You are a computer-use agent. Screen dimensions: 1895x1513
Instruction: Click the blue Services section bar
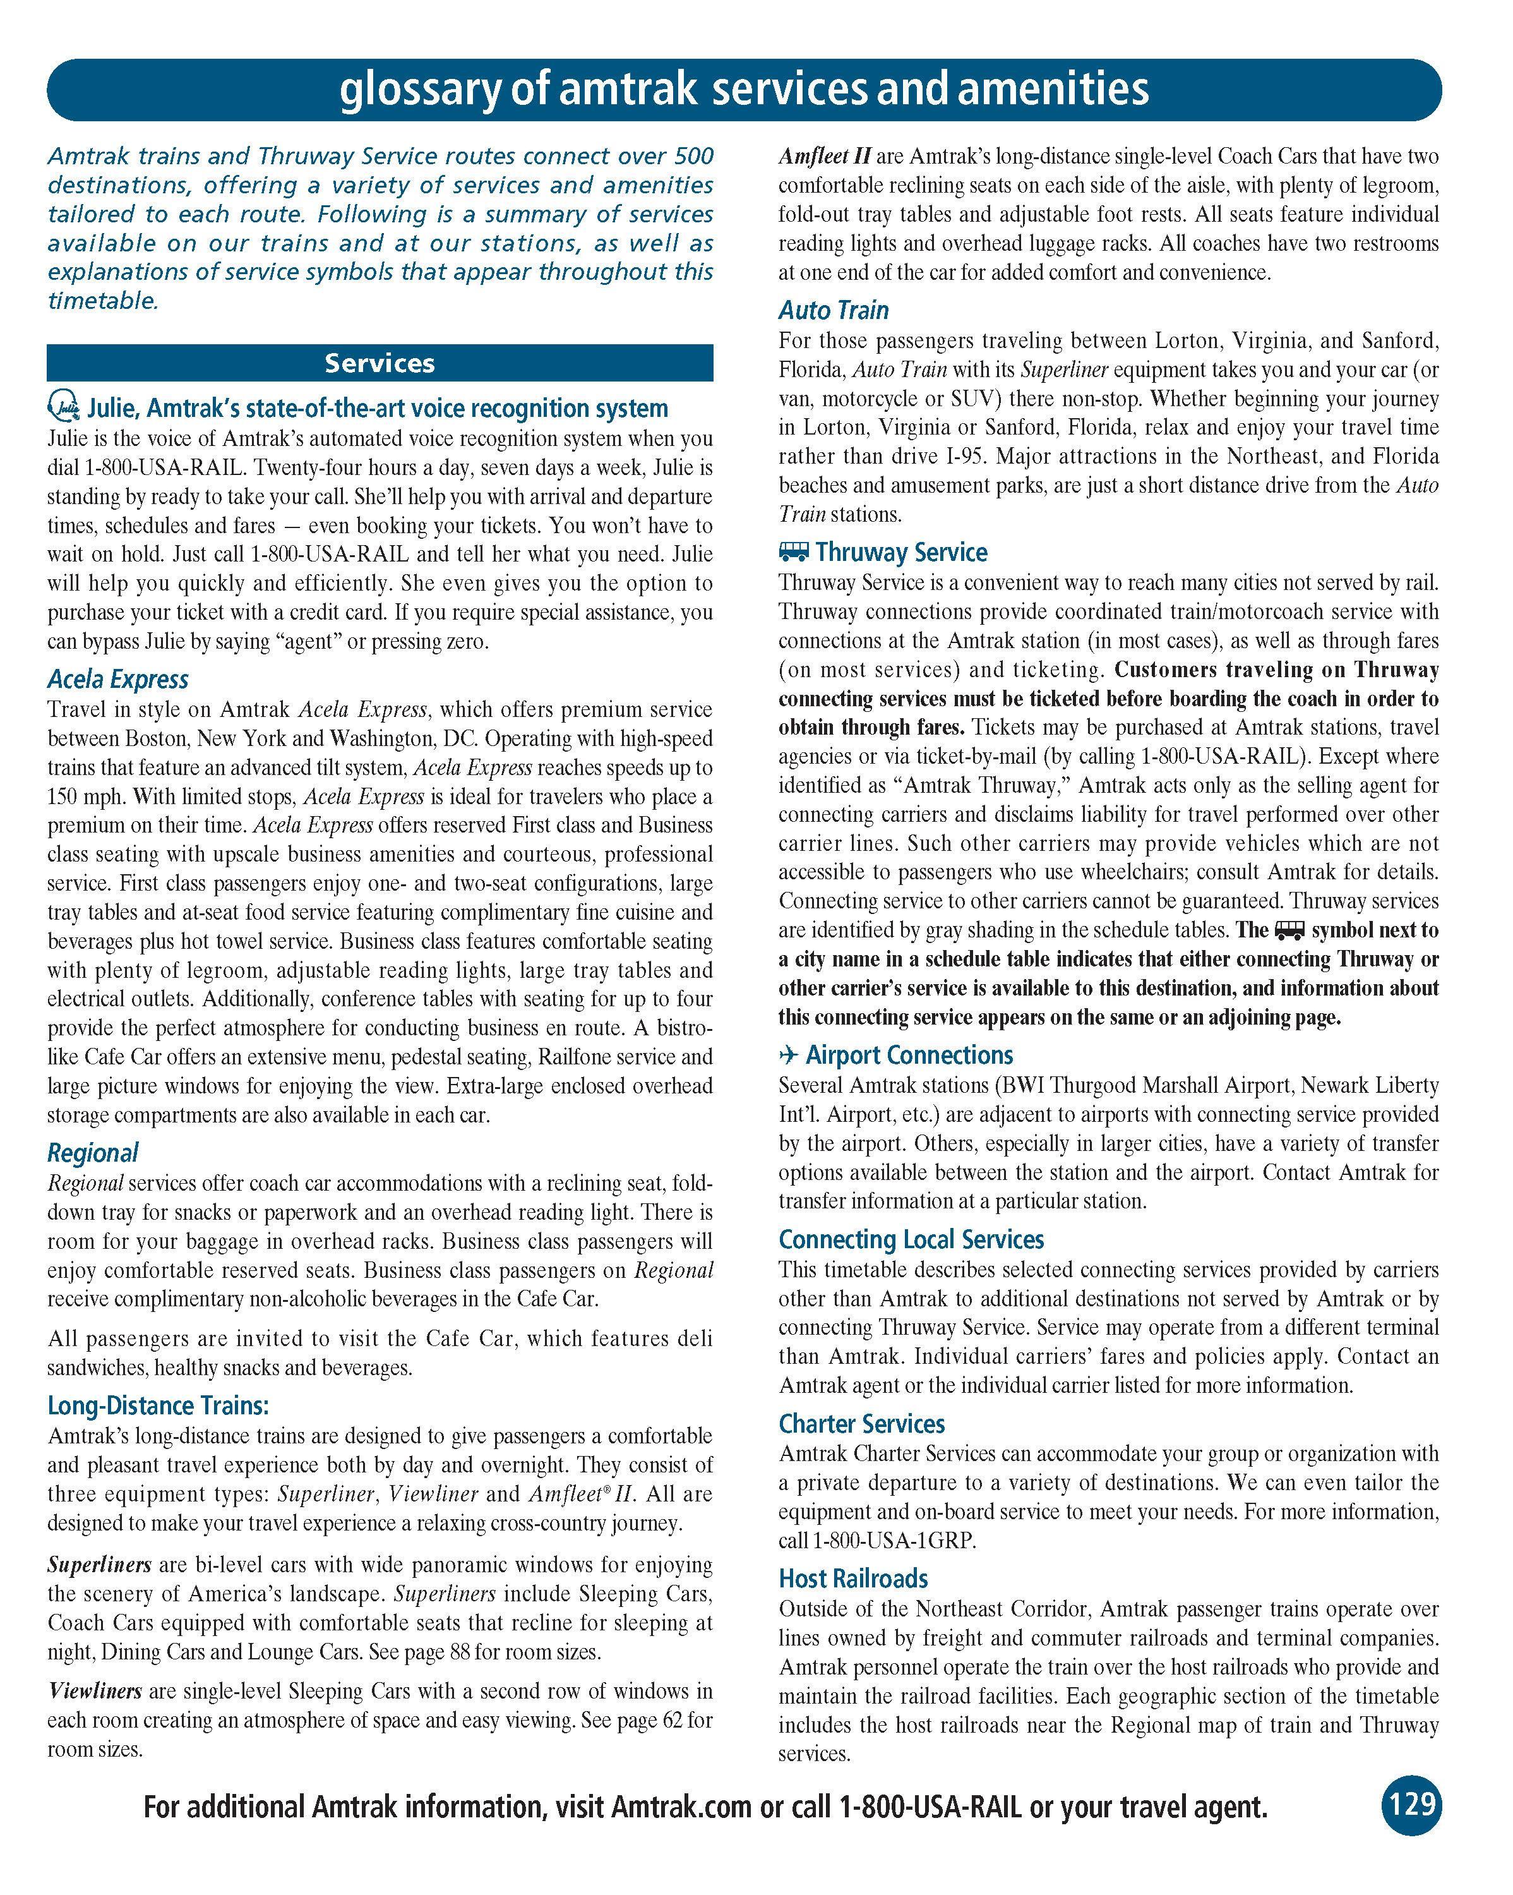pos(380,363)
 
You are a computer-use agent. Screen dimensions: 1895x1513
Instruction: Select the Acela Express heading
pos(117,680)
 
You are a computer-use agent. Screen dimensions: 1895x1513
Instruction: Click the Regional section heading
pos(92,1152)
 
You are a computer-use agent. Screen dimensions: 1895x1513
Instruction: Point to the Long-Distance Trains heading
pos(158,1405)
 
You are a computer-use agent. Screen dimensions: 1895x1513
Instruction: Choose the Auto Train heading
pos(833,310)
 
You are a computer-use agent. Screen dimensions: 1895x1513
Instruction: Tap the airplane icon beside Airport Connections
pos(788,1055)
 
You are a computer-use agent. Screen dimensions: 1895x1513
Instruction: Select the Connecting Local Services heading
pos(911,1239)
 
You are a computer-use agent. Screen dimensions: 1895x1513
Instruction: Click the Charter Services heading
pos(861,1424)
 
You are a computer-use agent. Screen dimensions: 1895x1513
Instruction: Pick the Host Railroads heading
pos(852,1579)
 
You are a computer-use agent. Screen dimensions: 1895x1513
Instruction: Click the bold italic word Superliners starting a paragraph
pos(99,1565)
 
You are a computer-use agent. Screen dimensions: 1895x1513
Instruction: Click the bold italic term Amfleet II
pos(824,157)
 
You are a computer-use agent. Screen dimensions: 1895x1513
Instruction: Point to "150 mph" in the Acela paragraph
pos(80,797)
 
